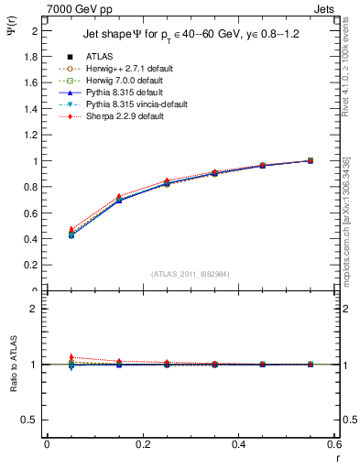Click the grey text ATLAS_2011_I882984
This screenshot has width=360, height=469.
[191, 273]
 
